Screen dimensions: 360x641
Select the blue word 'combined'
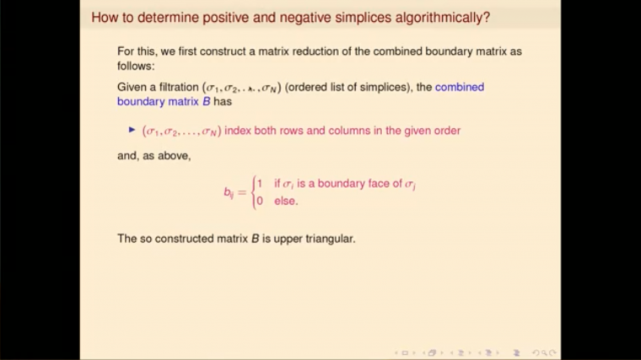click(x=460, y=88)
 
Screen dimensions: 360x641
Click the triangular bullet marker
click(x=132, y=130)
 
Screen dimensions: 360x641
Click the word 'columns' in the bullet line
click(x=332, y=131)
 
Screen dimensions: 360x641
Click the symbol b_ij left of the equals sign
click(x=228, y=193)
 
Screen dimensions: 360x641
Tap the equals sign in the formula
click(x=242, y=193)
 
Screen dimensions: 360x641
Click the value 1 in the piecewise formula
click(x=260, y=184)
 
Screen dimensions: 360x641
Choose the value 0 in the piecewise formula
click(x=260, y=201)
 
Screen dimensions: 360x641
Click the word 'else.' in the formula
click(x=286, y=201)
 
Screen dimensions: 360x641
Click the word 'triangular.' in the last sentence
click(x=326, y=239)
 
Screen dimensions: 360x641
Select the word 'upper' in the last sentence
click(x=279, y=239)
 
